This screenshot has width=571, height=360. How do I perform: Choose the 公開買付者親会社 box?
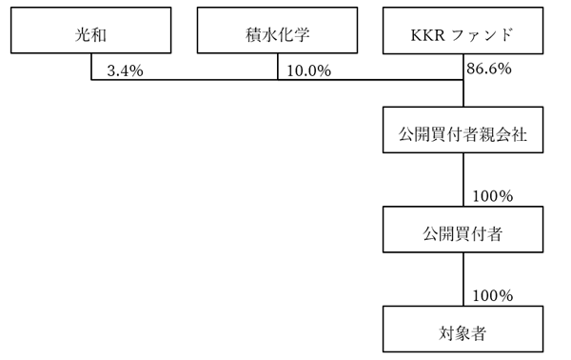click(463, 132)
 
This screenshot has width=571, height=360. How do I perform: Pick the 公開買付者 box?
click(463, 230)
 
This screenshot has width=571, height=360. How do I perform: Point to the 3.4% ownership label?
click(126, 70)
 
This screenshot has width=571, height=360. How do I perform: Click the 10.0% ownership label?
click(308, 70)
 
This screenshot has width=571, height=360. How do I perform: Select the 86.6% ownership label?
click(489, 70)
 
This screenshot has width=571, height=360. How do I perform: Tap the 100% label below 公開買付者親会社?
click(493, 195)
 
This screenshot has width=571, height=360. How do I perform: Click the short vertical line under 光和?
click(91, 69)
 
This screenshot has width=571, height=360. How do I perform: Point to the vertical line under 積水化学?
click(278, 69)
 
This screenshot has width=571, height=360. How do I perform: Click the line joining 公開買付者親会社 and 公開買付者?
click(463, 181)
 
